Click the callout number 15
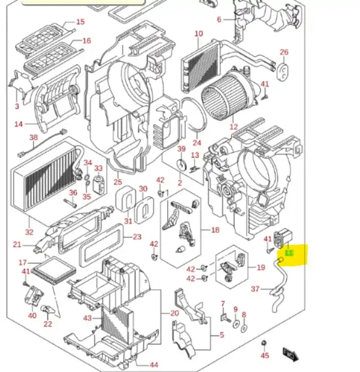point(80,22)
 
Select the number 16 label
point(87,40)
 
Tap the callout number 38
point(34,138)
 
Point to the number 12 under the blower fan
point(234,127)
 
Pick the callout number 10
point(199,34)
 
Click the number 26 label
point(284,52)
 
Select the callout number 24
point(197,142)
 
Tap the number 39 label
point(181,149)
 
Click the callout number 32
point(29,232)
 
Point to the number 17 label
point(22,263)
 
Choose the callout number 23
point(137,237)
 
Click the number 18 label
point(215,230)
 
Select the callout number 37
point(255,289)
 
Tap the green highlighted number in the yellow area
point(289,254)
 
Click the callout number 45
point(265,356)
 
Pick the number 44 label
point(154,365)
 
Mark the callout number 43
point(88,318)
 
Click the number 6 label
point(219,20)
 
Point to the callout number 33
point(98,168)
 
